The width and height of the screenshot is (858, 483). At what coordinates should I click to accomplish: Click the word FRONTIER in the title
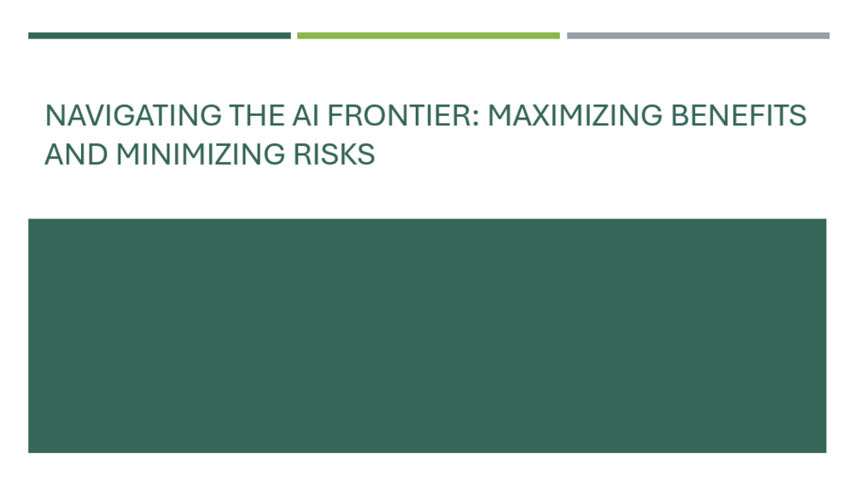click(398, 115)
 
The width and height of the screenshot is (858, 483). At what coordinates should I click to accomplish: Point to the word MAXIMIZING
click(574, 115)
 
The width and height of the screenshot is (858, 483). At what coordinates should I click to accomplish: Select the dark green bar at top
click(159, 36)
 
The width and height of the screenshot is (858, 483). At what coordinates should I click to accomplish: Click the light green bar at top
click(429, 36)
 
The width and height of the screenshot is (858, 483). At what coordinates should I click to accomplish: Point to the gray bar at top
click(697, 36)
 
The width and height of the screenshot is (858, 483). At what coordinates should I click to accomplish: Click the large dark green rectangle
click(427, 335)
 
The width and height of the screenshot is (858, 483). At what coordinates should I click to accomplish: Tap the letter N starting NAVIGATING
click(54, 115)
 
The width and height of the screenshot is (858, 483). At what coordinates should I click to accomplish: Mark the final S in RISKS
click(367, 154)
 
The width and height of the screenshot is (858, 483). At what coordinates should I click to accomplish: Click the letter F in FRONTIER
click(335, 115)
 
